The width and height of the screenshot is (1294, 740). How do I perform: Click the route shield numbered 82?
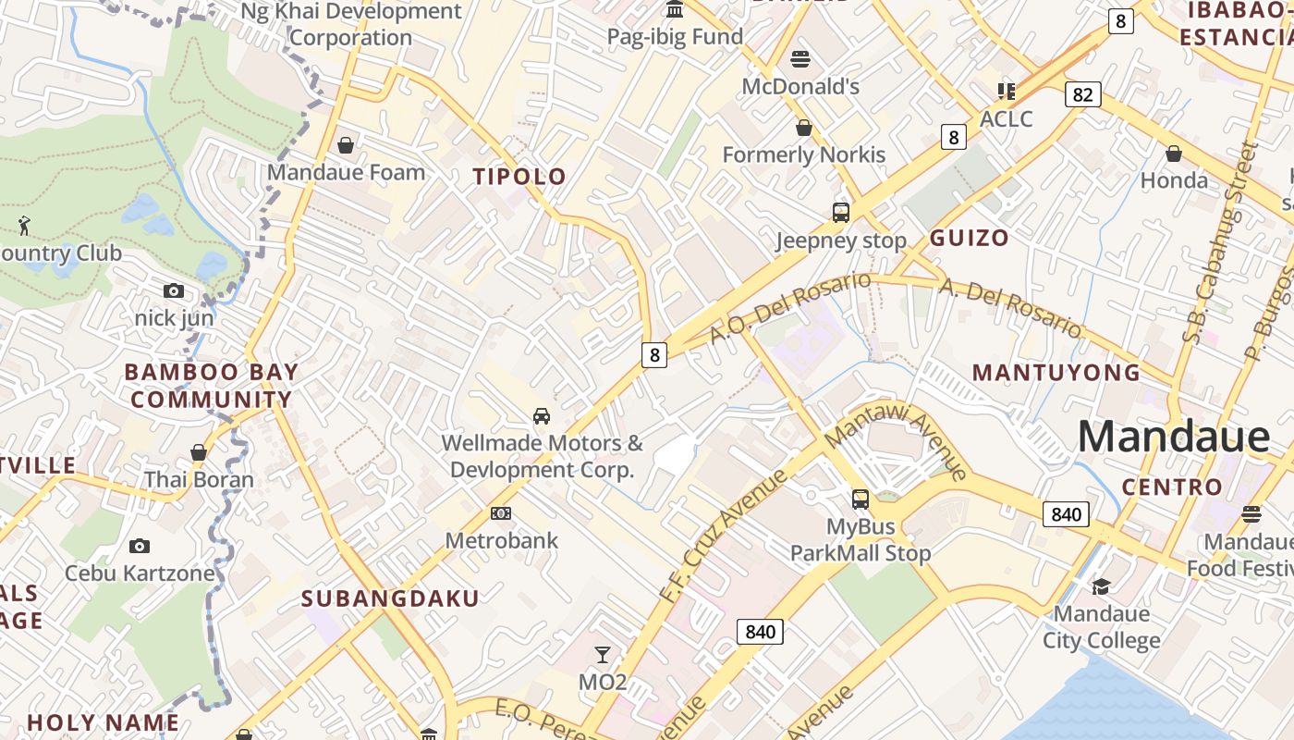click(1083, 93)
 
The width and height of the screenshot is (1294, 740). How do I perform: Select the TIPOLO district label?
click(519, 177)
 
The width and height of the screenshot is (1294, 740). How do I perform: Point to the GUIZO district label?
click(969, 238)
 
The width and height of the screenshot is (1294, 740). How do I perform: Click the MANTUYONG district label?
click(1056, 373)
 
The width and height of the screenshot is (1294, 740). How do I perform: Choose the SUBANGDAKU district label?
click(390, 598)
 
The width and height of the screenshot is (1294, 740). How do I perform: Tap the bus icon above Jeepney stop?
click(841, 213)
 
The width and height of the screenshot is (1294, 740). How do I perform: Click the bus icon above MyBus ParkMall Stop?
click(861, 499)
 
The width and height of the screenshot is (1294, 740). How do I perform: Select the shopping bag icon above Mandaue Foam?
click(346, 145)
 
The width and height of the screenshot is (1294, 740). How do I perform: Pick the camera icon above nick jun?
click(174, 290)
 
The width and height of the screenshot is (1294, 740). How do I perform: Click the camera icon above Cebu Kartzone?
click(140, 546)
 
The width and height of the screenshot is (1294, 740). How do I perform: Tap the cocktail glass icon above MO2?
click(603, 655)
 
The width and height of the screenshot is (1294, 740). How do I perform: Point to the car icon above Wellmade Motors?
click(542, 415)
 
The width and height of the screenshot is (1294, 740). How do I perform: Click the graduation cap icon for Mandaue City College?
click(1101, 586)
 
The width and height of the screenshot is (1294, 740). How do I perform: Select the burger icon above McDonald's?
click(800, 59)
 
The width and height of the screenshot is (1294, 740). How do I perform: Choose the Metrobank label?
click(502, 540)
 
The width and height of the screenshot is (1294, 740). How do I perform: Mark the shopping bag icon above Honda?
click(1174, 153)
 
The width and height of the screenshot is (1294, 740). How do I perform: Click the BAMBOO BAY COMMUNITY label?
click(212, 386)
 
